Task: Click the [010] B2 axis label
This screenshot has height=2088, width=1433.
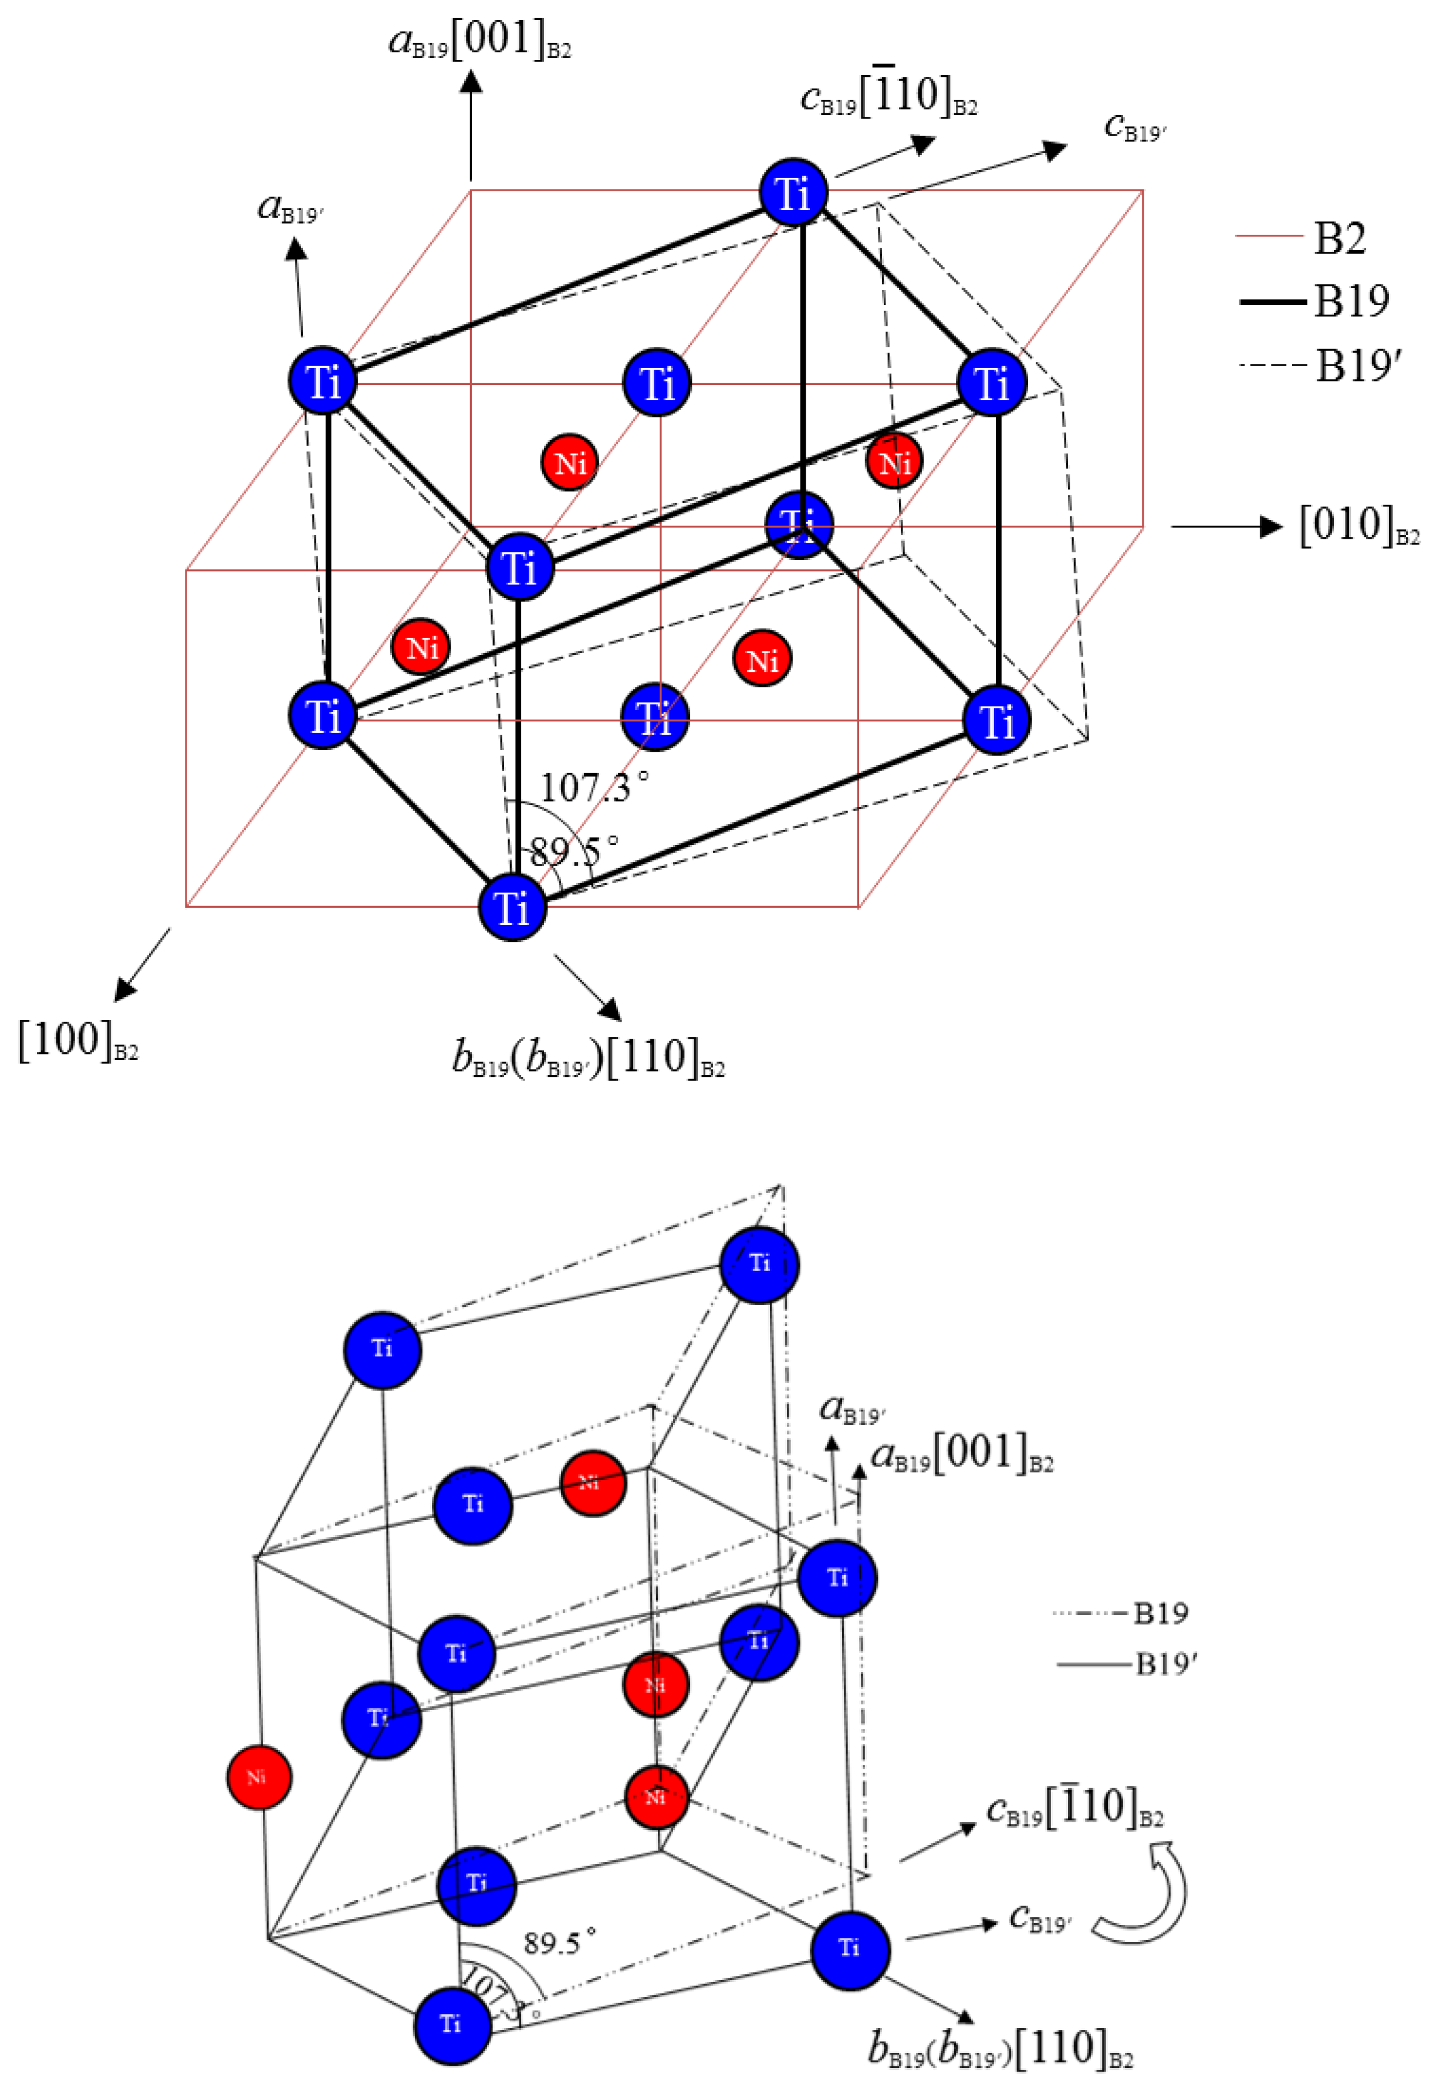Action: point(1357,526)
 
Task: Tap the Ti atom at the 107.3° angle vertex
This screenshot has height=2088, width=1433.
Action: point(512,907)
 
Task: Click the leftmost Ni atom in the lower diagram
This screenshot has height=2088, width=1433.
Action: point(258,1776)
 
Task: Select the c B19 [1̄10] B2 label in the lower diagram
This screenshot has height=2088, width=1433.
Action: point(1074,1806)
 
